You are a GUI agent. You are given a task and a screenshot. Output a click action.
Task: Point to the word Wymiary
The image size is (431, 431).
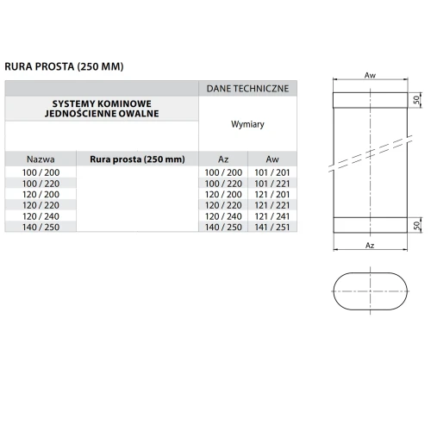point(247,124)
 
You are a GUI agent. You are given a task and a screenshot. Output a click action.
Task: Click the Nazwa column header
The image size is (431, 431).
point(41,159)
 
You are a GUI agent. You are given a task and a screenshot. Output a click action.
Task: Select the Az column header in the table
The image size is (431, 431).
point(223,159)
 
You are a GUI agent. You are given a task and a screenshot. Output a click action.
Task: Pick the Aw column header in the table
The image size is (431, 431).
point(272,159)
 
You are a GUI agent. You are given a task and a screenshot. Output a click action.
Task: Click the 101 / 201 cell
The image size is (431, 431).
point(272,173)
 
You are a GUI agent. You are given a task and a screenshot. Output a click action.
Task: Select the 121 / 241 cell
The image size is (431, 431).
point(272,215)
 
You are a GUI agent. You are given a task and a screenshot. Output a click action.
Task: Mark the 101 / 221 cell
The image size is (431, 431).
point(272,184)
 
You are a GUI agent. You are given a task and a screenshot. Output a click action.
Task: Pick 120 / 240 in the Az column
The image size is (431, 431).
point(223,215)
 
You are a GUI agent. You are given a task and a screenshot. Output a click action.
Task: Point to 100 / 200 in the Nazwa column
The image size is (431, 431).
point(41,173)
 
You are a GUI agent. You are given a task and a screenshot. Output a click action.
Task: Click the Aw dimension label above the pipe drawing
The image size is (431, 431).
point(370,76)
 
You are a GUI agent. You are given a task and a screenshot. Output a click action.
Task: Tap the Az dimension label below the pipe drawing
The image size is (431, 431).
point(370,246)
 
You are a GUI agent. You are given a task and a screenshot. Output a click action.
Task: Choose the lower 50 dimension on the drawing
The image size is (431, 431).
point(417,223)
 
